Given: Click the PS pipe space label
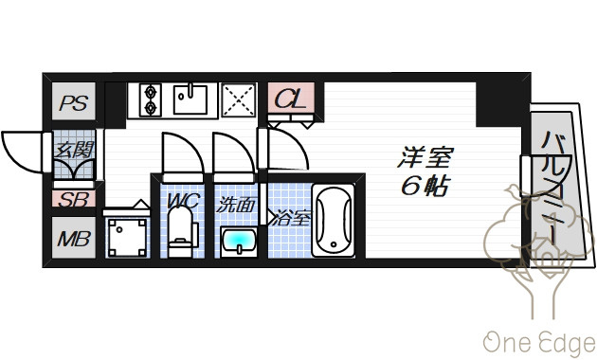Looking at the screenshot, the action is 74,102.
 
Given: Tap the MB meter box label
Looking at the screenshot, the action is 74,239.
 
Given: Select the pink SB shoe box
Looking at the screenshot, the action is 74,199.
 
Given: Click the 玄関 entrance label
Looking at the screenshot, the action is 74,150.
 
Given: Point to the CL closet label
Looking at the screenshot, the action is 291,99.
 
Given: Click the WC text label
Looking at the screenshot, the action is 183,201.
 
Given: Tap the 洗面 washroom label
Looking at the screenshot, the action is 235,206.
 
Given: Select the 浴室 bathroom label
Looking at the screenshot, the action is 292,218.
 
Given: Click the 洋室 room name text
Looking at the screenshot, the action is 425,157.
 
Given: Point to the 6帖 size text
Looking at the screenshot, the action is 425,186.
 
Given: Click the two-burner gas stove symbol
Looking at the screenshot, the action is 151,100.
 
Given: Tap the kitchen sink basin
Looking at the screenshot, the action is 190,99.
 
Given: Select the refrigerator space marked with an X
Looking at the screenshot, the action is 239,100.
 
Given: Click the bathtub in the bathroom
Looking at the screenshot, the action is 334,221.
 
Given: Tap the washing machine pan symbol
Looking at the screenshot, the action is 127,238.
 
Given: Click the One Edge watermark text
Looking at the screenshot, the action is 539,343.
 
